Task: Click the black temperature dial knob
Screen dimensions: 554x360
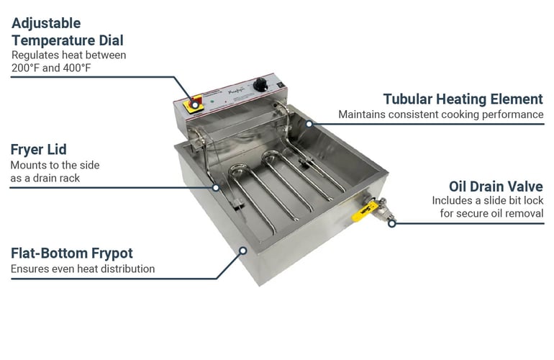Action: (x=260, y=84)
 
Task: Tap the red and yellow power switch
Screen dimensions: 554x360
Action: (x=194, y=104)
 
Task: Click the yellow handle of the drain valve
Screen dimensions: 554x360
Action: (x=363, y=212)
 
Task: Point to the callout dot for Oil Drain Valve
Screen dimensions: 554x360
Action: (x=391, y=223)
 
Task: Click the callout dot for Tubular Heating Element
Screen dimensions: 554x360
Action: (x=309, y=124)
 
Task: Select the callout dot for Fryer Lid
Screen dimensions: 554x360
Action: (x=216, y=187)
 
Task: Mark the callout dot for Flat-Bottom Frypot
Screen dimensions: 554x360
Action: (x=242, y=251)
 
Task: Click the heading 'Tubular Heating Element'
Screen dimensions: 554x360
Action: (x=463, y=99)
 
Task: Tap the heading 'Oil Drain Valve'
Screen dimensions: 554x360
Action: (x=496, y=186)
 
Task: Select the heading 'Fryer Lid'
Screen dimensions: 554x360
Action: (x=39, y=150)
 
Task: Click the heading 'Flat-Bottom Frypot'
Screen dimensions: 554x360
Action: (x=72, y=253)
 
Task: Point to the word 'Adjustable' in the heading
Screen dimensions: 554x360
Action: (x=46, y=23)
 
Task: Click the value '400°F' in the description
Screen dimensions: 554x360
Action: (x=77, y=68)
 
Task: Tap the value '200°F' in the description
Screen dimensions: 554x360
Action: (x=25, y=68)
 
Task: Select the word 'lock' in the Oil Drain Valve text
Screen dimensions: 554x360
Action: (x=534, y=200)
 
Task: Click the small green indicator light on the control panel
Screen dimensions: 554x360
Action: (x=212, y=101)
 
